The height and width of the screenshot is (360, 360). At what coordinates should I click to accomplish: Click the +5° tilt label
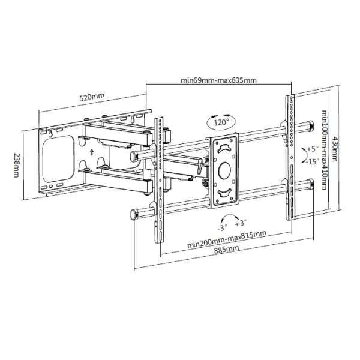pos(312,148)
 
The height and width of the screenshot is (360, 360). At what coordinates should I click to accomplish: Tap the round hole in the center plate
pos(224,170)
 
